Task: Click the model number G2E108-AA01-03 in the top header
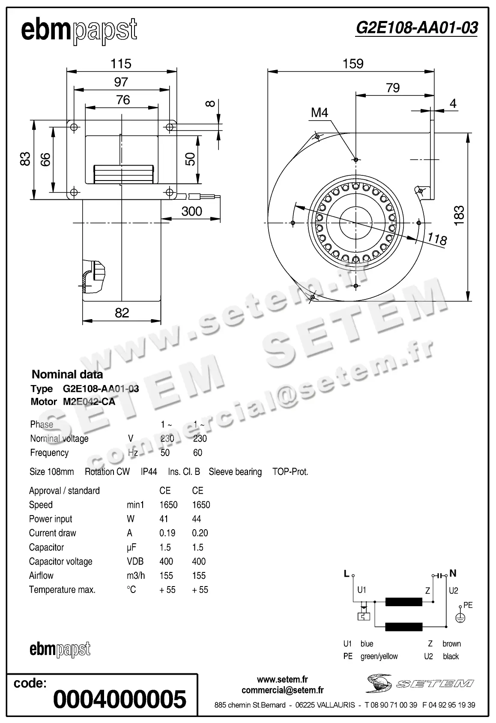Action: pos(416,28)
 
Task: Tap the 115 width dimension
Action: pos(121,64)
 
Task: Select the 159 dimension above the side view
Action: pos(353,64)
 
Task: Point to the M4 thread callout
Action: pos(320,113)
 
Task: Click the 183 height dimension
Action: pos(459,216)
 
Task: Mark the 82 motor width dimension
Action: pos(122,313)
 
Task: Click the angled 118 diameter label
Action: pos(437,239)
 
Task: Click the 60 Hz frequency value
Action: pos(198,453)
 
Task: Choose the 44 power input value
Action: pos(197,519)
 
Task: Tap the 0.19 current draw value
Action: pos(167,533)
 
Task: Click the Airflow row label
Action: pos(41,575)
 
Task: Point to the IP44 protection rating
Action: pos(149,471)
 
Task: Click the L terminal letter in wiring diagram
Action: pos(347,574)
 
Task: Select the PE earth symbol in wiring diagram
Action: pos(460,618)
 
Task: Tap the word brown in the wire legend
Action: pos(451,643)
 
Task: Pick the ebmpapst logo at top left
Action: pos(79,31)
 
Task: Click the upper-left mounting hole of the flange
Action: pos(74,127)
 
